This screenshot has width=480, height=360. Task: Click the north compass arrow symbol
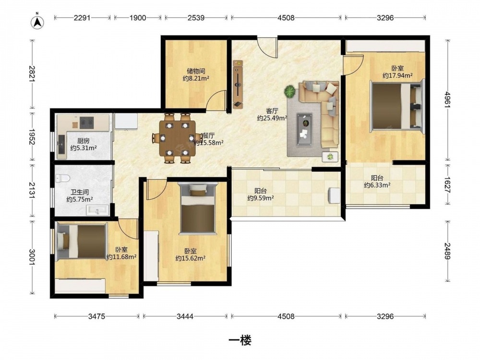[37, 22]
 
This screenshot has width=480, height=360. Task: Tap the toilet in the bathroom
[63, 178]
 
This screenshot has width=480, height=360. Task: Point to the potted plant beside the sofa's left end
[289, 91]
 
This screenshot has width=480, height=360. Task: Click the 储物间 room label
[196, 71]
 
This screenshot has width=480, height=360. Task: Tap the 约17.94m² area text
[397, 75]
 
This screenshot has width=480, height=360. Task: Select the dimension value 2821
[32, 74]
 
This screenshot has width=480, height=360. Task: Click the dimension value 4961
[448, 100]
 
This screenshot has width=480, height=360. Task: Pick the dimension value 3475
[97, 316]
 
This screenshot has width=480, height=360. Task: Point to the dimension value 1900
[137, 18]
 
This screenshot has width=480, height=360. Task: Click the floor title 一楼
[240, 340]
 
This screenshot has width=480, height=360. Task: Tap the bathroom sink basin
[97, 210]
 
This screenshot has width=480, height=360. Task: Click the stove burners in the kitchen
[86, 122]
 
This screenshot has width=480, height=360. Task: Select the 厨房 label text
[83, 141]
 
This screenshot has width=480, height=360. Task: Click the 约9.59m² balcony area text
[261, 198]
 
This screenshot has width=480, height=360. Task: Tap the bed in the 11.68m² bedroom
[82, 241]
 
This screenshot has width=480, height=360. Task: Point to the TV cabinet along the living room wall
[238, 84]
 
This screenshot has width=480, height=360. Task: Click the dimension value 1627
[448, 185]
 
